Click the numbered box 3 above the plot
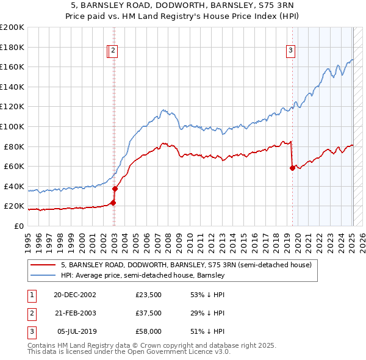(x=291, y=51)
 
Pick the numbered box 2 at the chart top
(x=114, y=51)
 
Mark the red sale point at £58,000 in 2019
(x=292, y=168)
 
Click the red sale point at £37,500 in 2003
(x=115, y=189)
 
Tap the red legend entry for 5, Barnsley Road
(x=187, y=265)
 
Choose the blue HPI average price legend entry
(x=143, y=276)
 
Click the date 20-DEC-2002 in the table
(x=74, y=295)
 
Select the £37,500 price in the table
(x=149, y=313)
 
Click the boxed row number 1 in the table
(x=32, y=295)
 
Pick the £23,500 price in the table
(x=149, y=295)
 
